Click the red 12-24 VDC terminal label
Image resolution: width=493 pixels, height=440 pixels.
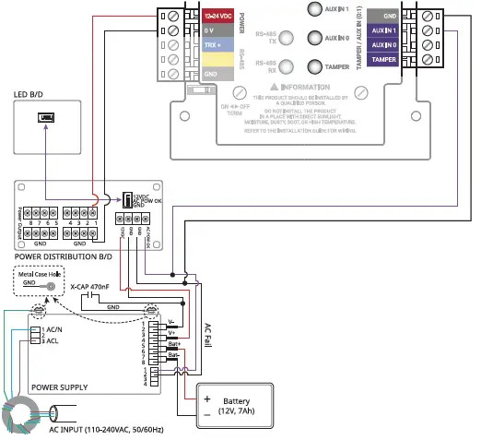click(x=217, y=16)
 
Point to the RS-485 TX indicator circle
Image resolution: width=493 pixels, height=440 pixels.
click(x=287, y=38)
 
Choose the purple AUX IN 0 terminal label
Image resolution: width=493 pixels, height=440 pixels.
click(x=383, y=44)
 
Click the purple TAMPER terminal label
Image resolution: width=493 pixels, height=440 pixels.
click(x=383, y=59)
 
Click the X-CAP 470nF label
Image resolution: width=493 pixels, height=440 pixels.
click(x=89, y=286)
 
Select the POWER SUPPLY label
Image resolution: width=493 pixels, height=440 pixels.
click(x=60, y=387)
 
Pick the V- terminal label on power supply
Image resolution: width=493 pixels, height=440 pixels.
click(x=171, y=324)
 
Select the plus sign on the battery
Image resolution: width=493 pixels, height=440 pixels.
click(x=207, y=398)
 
